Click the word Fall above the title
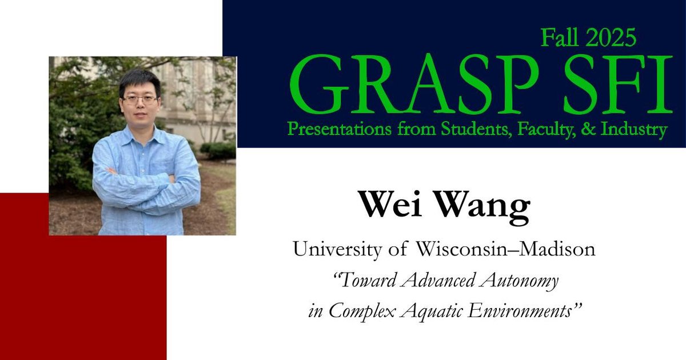pos(559,38)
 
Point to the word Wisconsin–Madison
pos(505,250)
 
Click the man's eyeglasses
pos(139,99)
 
